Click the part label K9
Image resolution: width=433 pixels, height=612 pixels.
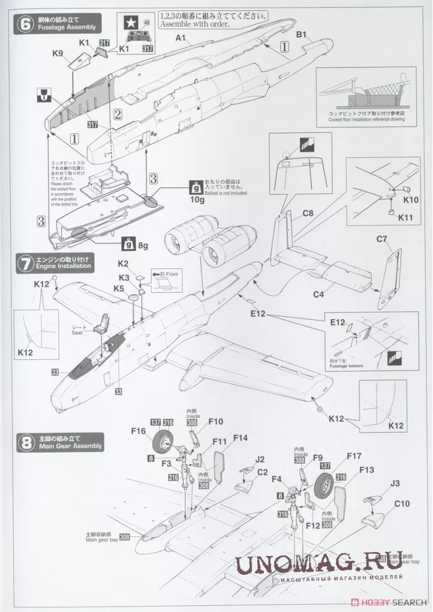58,53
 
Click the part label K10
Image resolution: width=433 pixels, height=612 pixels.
411,199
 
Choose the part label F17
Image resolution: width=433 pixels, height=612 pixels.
353,456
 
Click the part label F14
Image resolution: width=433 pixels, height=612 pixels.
240,437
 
